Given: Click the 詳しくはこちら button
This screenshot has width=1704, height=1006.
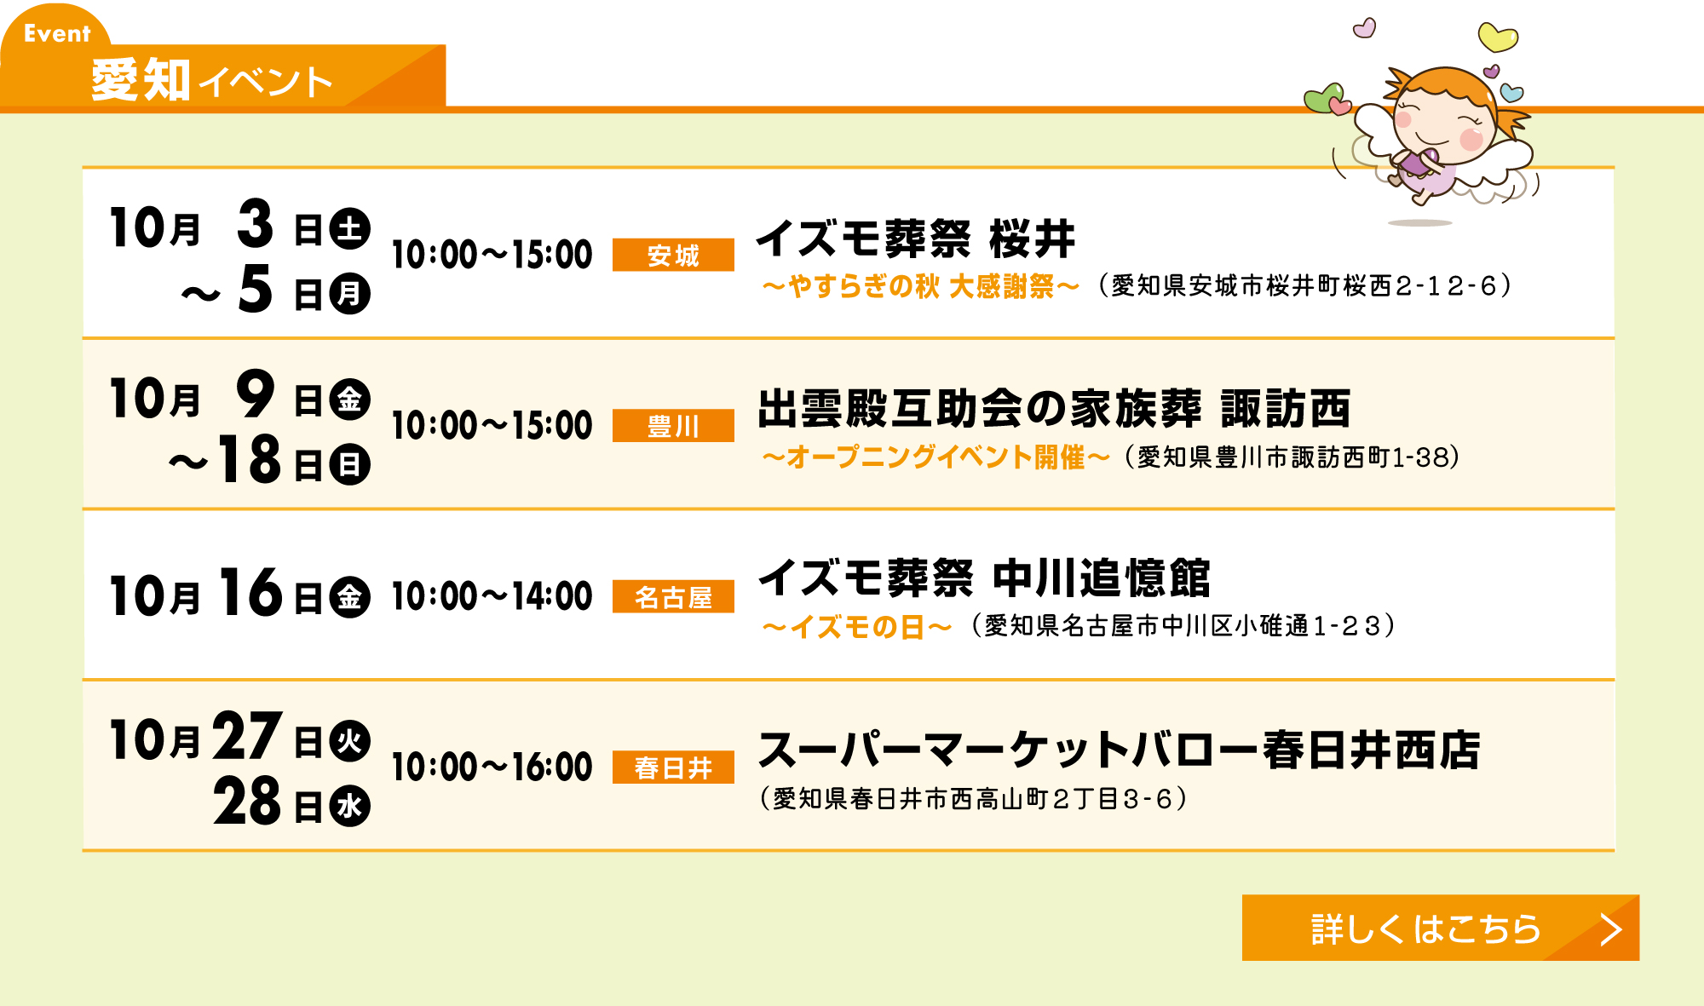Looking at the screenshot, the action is (1440, 928).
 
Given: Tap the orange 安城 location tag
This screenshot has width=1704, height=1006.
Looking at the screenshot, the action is (673, 255).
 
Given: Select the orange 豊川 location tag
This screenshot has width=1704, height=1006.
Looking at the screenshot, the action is (673, 426).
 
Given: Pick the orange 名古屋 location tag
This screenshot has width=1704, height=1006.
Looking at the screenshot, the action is (673, 597).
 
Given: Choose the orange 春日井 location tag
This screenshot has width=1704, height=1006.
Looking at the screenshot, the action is (673, 767).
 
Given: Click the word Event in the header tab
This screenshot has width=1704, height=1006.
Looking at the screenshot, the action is (57, 33).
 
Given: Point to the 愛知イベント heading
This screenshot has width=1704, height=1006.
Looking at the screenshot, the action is (211, 80).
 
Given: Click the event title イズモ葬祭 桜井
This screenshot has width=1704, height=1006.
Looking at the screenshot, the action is (916, 238).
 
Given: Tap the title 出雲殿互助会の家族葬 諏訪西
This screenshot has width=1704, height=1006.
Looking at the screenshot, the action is (1054, 408).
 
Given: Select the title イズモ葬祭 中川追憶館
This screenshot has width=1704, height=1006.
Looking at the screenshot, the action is (984, 578).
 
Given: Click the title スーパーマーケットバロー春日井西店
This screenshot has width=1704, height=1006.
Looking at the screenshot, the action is (1120, 750).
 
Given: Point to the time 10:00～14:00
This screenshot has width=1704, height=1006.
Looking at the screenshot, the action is (492, 596).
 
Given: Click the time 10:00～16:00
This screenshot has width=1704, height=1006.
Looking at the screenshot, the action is (492, 767).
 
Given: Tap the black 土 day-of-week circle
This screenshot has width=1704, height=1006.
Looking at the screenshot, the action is (350, 228).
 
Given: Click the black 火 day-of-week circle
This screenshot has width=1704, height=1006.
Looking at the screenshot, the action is (350, 741).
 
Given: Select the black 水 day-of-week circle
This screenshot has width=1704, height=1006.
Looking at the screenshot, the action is (350, 806).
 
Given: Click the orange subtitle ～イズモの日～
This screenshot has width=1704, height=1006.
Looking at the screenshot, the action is (856, 627).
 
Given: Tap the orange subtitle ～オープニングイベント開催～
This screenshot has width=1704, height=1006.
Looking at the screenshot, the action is (935, 457).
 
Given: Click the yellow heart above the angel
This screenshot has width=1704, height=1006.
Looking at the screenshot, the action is (1497, 37).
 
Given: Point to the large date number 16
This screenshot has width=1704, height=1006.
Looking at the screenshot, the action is (250, 591).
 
